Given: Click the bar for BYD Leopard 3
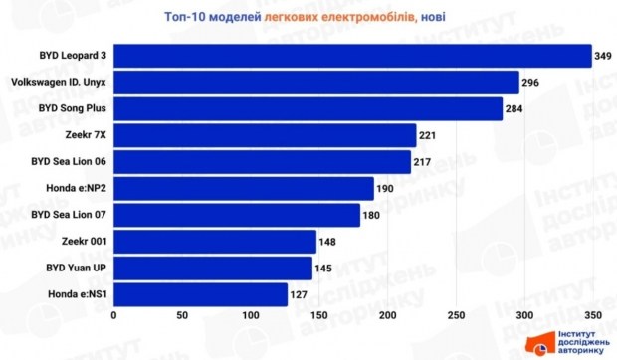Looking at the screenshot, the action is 352,56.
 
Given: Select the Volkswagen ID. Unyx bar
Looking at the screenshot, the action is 316,83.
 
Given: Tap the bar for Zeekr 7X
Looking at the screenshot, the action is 265,135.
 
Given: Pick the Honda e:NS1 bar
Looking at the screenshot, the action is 201,294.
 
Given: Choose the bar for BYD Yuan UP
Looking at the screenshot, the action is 213,269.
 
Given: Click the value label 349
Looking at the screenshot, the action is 603,56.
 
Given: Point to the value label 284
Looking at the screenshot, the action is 514,108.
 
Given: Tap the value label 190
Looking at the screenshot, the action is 385,189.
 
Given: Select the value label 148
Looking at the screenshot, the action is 327,242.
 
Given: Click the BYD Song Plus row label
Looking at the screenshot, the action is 73,108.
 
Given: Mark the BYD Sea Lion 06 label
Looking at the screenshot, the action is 69,161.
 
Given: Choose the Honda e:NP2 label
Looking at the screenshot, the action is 77,188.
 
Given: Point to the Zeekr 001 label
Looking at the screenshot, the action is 85,241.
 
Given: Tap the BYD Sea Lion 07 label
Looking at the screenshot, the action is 69,215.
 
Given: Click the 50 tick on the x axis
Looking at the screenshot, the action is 182,315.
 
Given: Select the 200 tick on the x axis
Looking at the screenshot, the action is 387,315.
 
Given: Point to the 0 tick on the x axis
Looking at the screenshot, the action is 113,315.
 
